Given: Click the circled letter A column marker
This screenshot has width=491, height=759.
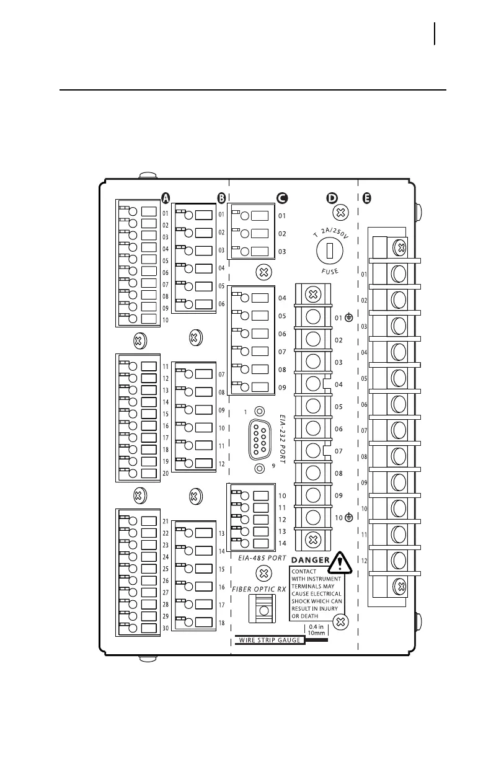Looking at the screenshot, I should point(166,198).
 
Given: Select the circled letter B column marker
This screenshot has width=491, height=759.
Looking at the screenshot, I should point(221,198).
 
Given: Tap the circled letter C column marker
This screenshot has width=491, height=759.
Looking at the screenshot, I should point(281,198).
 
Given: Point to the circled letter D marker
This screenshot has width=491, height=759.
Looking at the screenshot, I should point(332,198).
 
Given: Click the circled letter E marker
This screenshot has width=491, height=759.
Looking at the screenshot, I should point(367,198).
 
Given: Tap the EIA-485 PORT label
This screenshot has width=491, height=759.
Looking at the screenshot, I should point(262,558).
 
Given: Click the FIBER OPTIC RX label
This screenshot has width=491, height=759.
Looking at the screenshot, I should point(259,588).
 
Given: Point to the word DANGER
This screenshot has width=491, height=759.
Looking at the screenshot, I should point(309,561).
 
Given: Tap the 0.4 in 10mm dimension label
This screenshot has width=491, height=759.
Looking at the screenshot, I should point(316,630).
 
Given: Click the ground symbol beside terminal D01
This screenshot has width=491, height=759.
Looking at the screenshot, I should point(349,317).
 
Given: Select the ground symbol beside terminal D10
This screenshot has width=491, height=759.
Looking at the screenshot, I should point(349,517).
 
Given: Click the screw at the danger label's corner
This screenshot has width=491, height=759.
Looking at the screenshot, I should point(339,621).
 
